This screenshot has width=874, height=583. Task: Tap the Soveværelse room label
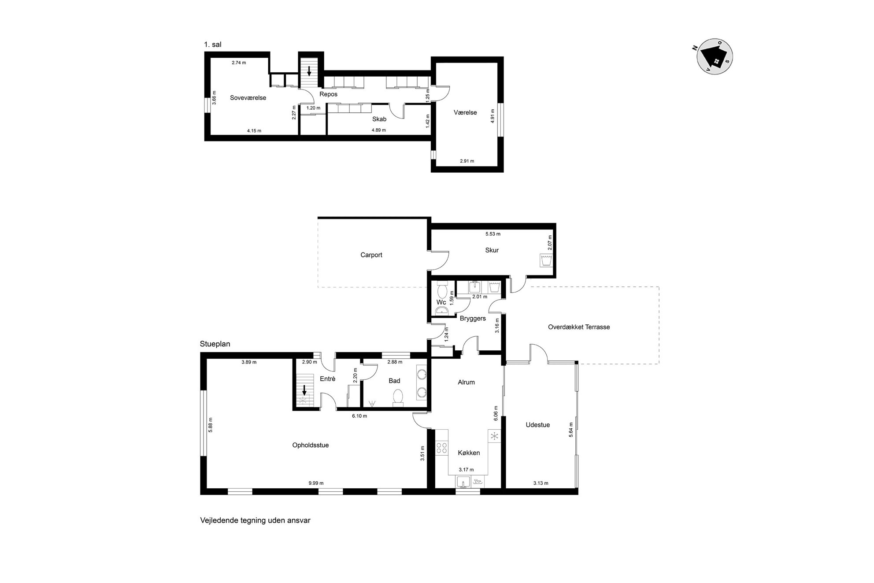pos(248,98)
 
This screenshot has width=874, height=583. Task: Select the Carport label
pos(371,255)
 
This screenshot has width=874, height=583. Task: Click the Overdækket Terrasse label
pos(579,327)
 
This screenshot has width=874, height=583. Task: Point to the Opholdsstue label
pos(311,445)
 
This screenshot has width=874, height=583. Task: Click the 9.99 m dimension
pos(316,483)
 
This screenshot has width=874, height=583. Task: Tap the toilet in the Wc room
pos(441,291)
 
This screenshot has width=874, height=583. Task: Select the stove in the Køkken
pos(441,448)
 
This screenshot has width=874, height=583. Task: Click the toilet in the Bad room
pos(398,397)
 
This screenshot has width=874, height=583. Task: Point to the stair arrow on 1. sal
pos(309,71)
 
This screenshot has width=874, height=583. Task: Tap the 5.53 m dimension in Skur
pos(493,234)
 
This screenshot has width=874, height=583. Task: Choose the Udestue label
pos(538,425)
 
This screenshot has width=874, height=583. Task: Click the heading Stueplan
pos(215,344)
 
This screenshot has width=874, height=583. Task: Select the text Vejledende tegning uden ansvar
pos(256,520)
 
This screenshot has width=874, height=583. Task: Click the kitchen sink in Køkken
pos(463,482)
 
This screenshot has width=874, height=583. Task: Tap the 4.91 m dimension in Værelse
pos(493,115)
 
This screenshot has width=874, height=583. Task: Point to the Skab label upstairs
pos(379,119)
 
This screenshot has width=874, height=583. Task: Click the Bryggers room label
pos(473,318)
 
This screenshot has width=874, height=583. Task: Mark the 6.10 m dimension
pos(359,416)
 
